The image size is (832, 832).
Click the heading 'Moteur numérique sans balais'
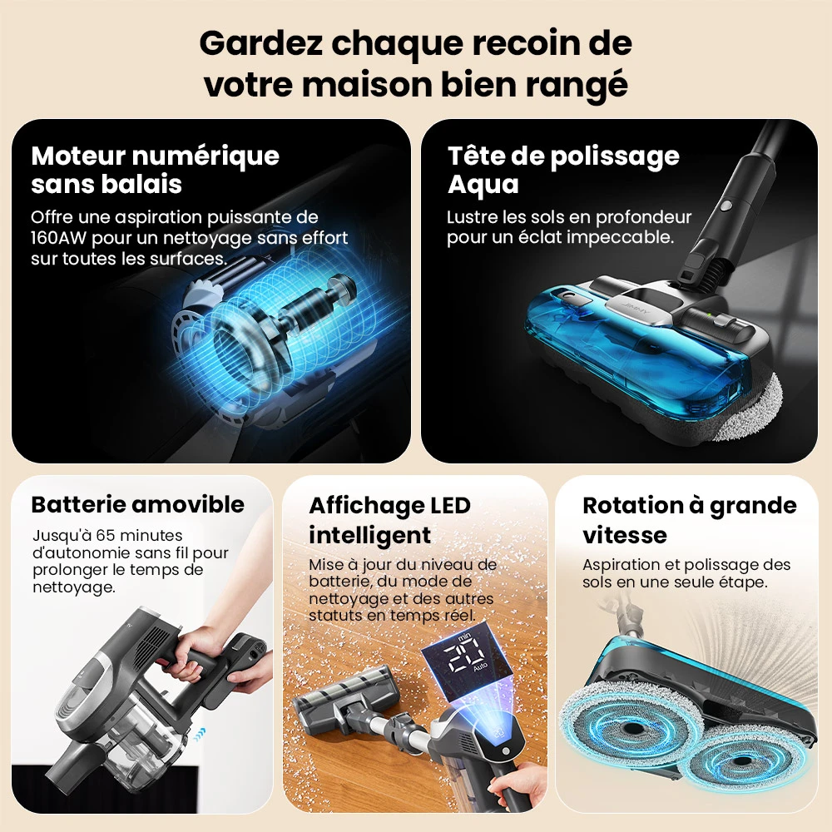[x=155, y=169]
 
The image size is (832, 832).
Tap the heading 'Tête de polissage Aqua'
[x=563, y=169]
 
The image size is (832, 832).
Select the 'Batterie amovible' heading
[x=137, y=504]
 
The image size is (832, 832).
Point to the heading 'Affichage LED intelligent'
[x=389, y=519]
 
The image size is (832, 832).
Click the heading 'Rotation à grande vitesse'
[x=689, y=519]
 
